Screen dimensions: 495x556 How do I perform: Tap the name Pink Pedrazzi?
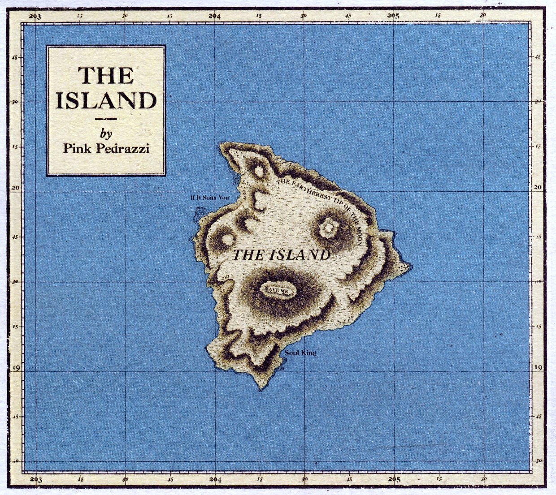[106, 148]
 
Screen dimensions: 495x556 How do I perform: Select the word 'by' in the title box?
[106, 133]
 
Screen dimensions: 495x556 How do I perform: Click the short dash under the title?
[106, 119]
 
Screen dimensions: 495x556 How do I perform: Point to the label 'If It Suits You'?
[209, 197]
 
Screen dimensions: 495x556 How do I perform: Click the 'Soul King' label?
[300, 353]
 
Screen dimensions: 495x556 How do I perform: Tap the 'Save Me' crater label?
[278, 290]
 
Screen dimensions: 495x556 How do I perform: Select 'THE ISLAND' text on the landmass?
[282, 255]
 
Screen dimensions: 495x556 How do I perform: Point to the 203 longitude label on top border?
[35, 17]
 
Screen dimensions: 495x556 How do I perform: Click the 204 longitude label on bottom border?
[215, 480]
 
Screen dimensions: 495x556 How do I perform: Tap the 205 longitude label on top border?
[393, 16]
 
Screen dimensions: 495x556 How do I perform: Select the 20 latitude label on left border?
[16, 188]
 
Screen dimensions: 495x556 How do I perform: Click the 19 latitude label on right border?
[539, 367]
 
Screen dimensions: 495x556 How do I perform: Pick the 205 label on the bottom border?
[394, 480]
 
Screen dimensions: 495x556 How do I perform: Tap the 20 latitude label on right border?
[538, 187]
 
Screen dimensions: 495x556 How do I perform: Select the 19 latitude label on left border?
[16, 368]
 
